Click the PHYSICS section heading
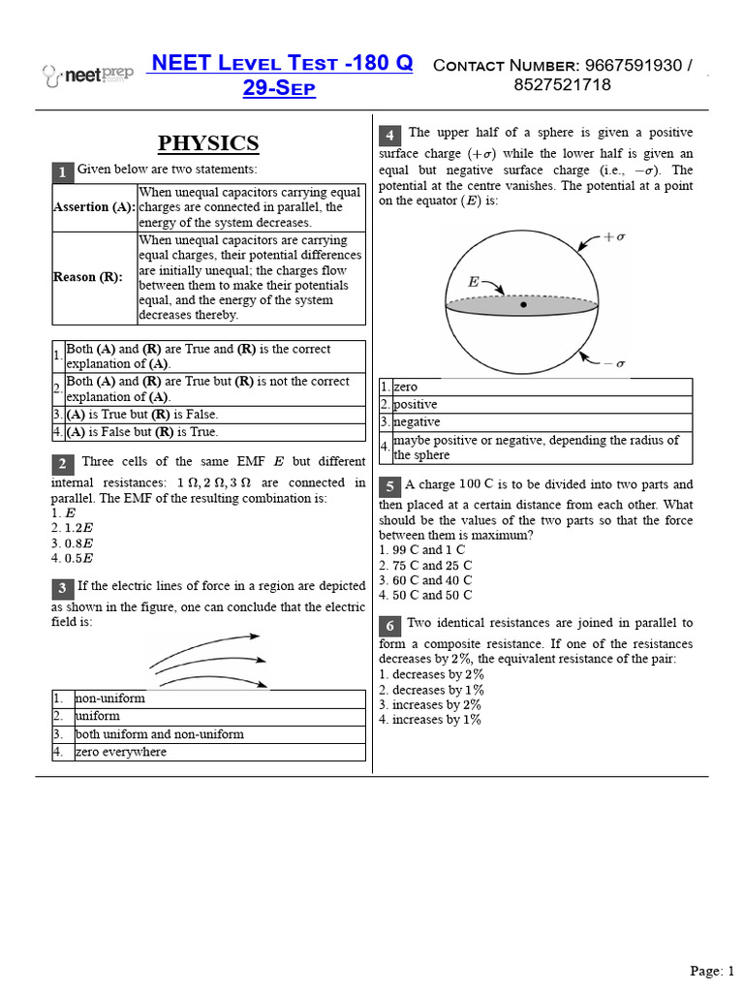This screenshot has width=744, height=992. (208, 144)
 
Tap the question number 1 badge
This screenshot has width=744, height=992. (61, 172)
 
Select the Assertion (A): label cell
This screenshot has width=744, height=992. (94, 207)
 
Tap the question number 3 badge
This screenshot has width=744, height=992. (61, 589)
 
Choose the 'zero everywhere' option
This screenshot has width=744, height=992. (121, 752)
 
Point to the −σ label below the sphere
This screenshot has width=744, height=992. (615, 363)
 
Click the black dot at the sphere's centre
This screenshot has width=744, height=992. (523, 305)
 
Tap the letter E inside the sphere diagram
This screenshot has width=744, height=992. (474, 283)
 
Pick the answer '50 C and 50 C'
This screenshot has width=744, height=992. (425, 595)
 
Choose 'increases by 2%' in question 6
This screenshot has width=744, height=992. (430, 704)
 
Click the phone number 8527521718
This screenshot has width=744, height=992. (562, 85)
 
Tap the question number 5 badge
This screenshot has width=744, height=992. (389, 486)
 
